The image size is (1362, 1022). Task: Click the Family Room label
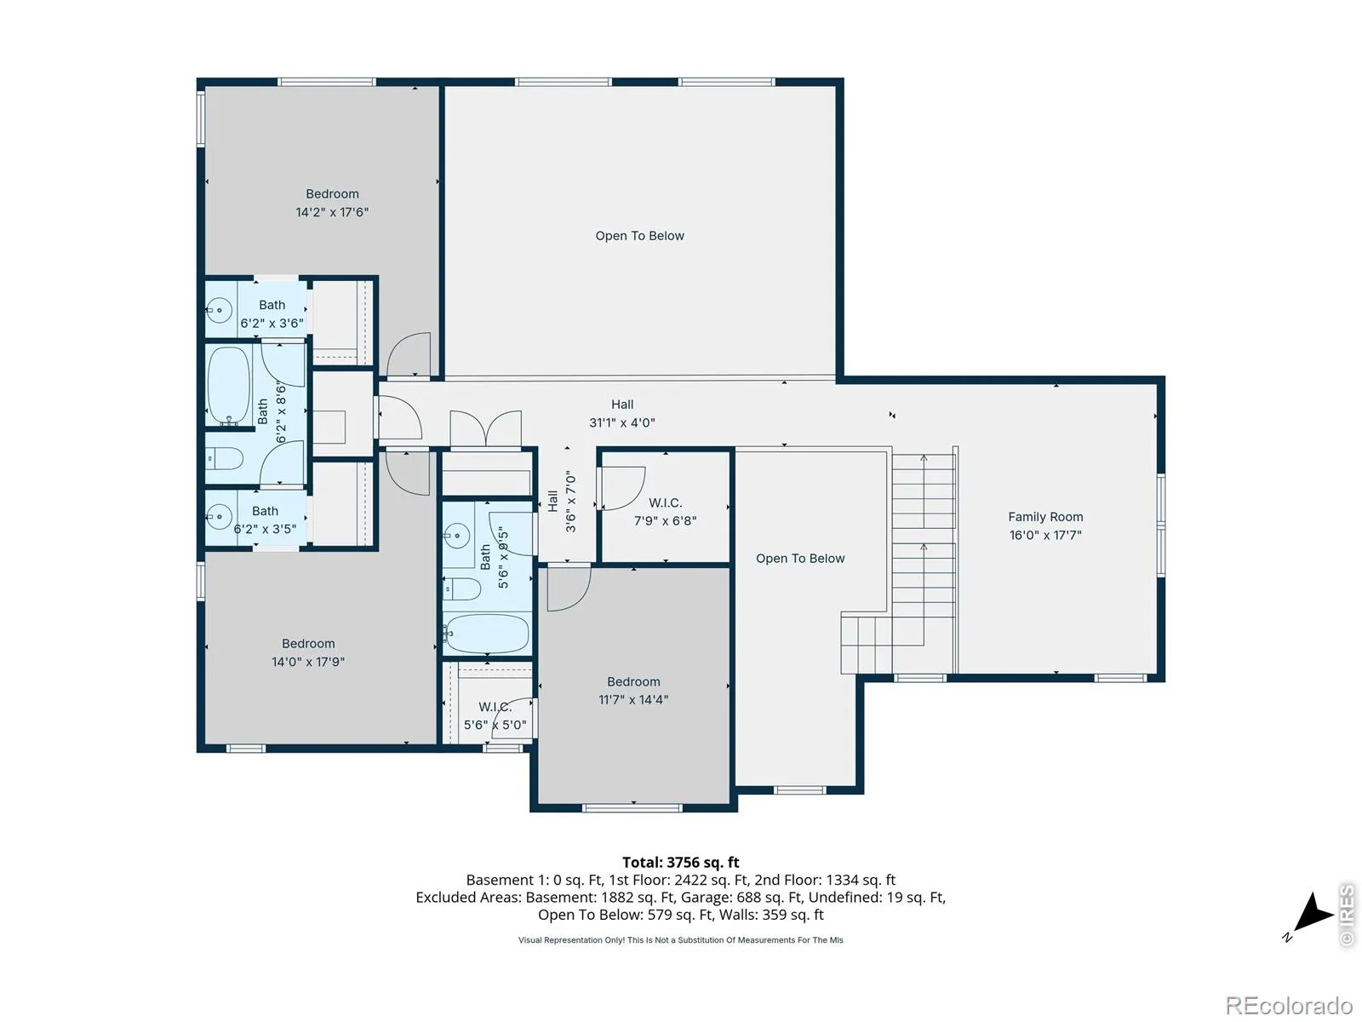[1045, 516]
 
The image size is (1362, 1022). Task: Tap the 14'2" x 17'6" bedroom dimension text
[332, 211]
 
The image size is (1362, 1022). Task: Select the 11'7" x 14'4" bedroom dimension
[633, 699]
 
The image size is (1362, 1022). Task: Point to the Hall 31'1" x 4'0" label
[621, 413]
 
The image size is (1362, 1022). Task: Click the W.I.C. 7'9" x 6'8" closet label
[665, 511]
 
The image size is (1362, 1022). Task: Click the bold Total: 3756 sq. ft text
[681, 862]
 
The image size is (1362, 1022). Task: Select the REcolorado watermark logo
[1289, 1005]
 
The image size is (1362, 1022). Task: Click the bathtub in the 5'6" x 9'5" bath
[486, 634]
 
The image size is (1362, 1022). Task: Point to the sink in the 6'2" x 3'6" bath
[218, 310]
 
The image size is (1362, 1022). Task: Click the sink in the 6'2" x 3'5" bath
[218, 515]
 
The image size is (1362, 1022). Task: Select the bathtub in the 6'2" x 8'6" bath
[228, 385]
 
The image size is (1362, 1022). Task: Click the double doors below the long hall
[485, 428]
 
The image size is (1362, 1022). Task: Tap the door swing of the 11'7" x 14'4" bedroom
[569, 589]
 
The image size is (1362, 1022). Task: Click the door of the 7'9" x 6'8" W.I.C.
[623, 488]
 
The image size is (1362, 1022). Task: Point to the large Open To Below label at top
[639, 236]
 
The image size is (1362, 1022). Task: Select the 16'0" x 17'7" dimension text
[1045, 535]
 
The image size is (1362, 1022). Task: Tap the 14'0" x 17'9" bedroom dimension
[308, 662]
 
